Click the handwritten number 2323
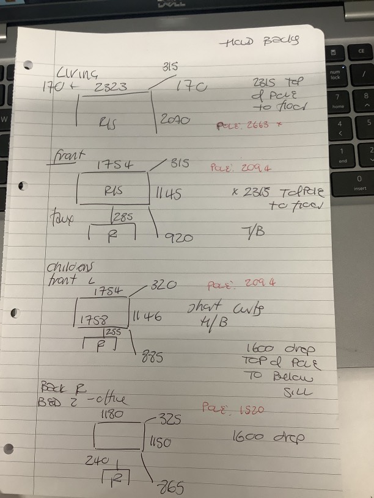[x=111, y=87]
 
